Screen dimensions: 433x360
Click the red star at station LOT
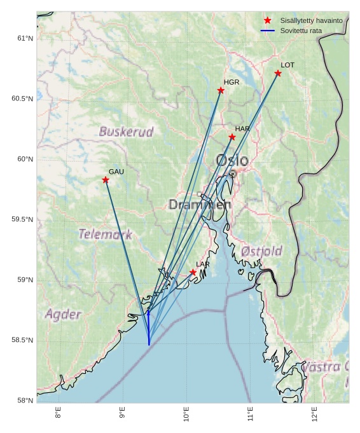coord(278,74)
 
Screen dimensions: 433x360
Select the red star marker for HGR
coord(221,90)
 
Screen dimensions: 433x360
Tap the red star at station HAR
coord(232,137)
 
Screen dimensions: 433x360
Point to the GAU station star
coord(106,180)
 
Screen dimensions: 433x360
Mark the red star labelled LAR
coord(193,273)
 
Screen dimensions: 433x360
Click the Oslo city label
coord(232,160)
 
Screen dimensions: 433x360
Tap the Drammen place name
coord(200,205)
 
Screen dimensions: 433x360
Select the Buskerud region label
coord(126,132)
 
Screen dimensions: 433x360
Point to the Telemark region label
coord(106,235)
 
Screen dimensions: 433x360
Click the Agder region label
coord(63,315)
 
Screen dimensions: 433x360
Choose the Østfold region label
coord(261,252)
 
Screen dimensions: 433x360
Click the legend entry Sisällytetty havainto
coord(311,21)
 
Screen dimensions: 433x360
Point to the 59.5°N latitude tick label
coord(22,220)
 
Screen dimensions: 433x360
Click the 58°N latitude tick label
coord(25,401)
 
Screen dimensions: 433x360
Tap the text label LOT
coord(287,65)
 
